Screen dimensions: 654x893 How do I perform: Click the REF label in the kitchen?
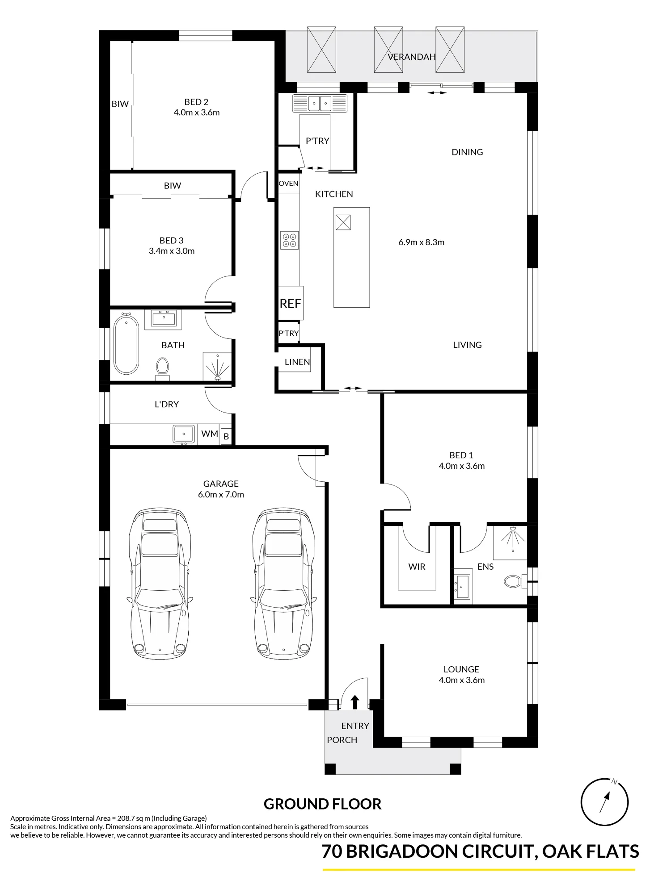(x=290, y=304)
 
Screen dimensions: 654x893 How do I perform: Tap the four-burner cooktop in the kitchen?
(x=289, y=240)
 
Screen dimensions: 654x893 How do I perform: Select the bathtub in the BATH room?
(x=126, y=344)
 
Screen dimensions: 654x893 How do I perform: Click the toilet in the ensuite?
(x=514, y=581)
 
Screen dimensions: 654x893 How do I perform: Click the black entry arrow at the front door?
(x=355, y=702)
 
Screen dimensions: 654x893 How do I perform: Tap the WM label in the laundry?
(x=210, y=434)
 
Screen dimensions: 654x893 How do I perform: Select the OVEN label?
(x=288, y=184)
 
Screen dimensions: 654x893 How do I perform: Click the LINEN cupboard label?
(x=297, y=362)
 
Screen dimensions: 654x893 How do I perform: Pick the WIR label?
(x=417, y=567)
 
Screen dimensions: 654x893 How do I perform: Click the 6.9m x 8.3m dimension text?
(x=421, y=242)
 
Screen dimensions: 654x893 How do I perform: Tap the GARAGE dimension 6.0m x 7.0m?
(x=221, y=494)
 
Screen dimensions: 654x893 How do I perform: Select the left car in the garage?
(x=159, y=584)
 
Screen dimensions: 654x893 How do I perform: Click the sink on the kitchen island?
(x=343, y=222)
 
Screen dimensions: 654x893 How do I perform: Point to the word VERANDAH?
(x=411, y=57)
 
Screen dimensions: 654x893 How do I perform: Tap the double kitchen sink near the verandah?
(x=320, y=104)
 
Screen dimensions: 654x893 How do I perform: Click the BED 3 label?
(x=172, y=241)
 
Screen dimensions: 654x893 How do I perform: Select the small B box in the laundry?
(x=226, y=436)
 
